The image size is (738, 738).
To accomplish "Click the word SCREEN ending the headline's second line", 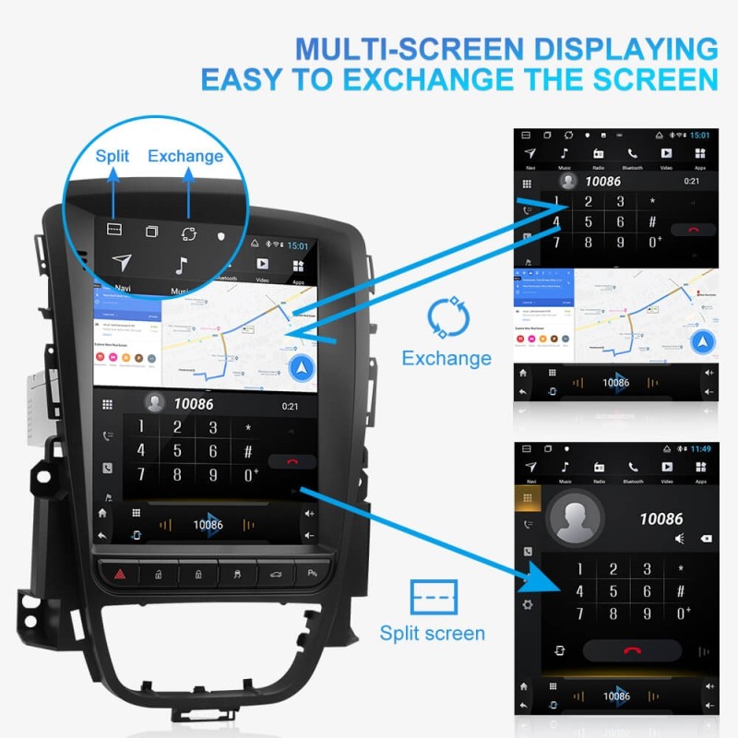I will [637, 79].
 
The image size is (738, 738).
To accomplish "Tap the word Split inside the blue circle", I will [113, 156].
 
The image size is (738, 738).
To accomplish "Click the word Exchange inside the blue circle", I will [185, 156].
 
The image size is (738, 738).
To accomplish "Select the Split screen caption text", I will [432, 633].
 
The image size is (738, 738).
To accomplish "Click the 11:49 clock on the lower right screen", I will [701, 448].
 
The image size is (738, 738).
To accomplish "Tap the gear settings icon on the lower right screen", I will [528, 604].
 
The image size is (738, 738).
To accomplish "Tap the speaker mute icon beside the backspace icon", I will [680, 539].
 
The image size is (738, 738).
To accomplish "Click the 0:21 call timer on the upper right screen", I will [692, 182].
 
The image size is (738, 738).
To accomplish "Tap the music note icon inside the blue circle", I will [182, 266].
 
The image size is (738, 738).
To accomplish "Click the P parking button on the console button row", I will [311, 575].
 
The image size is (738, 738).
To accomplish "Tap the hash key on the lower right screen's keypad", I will [681, 591].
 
